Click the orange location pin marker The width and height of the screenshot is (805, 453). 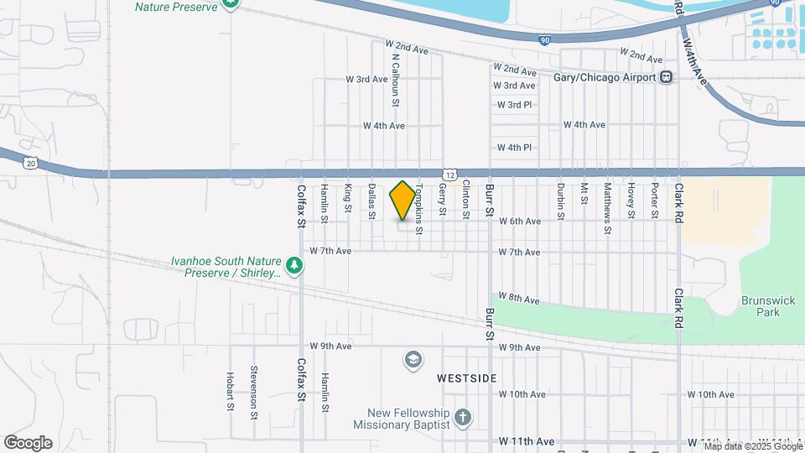click(x=402, y=200)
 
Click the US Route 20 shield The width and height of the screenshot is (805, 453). click(x=31, y=163)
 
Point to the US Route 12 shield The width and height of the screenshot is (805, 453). click(x=451, y=174)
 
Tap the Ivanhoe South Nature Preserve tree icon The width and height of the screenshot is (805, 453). click(x=294, y=266)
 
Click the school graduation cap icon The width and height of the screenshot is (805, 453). click(x=412, y=360)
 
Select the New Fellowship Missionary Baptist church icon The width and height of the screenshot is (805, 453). click(x=462, y=417)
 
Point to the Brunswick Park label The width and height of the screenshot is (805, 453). click(x=761, y=306)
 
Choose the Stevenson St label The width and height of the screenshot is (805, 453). click(x=253, y=387)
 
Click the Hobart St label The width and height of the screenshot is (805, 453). click(x=230, y=391)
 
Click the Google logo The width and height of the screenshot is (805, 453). click(x=28, y=443)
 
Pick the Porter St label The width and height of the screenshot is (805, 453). click(x=655, y=202)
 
